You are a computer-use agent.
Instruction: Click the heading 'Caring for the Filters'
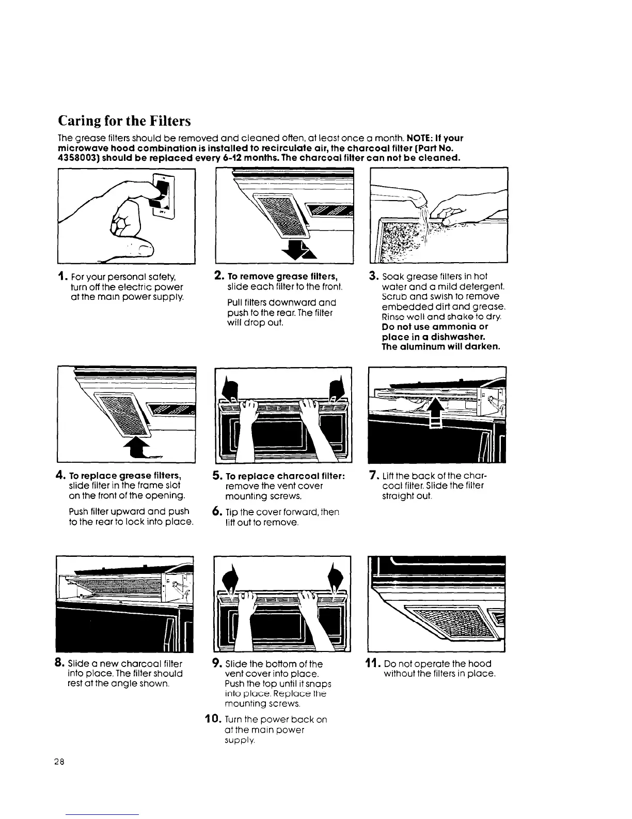(123, 121)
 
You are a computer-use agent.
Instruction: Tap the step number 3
(373, 276)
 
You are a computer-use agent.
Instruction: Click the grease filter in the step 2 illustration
(279, 209)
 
